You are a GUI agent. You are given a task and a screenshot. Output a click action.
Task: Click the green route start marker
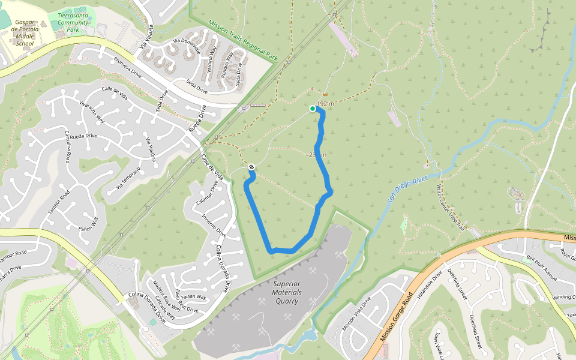(312, 109)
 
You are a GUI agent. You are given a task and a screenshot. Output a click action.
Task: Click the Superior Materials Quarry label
(287, 292)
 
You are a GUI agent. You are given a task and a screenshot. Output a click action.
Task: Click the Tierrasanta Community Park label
(73, 22)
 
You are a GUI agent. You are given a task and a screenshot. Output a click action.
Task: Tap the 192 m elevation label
(325, 104)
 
